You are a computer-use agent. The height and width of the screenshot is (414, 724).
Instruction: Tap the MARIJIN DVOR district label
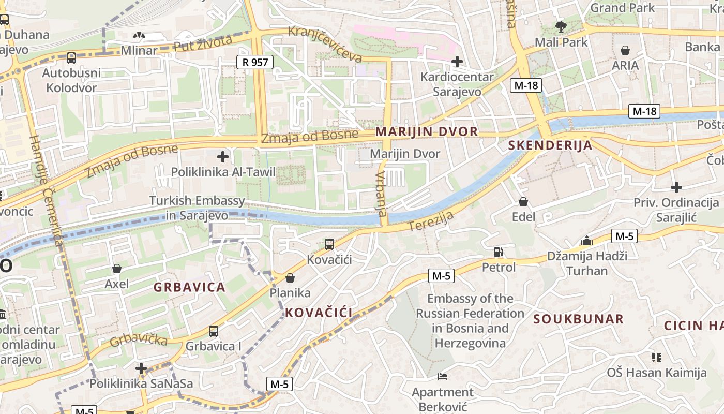click(427, 131)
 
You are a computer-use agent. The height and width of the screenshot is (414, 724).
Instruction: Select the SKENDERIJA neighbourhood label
click(550, 145)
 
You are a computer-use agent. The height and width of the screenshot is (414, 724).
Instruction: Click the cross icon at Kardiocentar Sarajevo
click(457, 62)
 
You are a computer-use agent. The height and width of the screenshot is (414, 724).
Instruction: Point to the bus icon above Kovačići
click(329, 244)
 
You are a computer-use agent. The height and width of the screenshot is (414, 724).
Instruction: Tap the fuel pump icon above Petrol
click(499, 252)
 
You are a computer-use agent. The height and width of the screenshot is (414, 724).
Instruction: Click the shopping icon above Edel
click(523, 201)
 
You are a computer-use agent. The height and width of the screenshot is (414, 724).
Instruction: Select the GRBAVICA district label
click(189, 287)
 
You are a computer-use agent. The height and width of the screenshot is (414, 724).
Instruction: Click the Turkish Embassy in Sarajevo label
click(197, 208)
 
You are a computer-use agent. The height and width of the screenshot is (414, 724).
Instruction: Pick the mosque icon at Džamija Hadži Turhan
click(586, 241)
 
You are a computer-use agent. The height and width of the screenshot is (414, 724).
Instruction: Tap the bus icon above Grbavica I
click(213, 331)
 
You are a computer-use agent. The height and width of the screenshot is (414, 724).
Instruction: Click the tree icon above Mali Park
click(561, 26)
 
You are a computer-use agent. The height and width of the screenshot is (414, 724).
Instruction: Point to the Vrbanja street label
click(381, 194)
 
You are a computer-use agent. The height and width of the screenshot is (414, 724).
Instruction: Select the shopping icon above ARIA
click(625, 50)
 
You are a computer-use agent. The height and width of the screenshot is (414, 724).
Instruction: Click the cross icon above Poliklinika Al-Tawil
click(223, 156)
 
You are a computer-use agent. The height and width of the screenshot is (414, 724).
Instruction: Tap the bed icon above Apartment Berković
click(442, 376)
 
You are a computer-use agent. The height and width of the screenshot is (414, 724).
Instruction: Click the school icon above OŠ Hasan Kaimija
click(657, 357)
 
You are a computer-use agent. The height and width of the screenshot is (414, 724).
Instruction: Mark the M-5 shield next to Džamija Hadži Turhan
click(624, 236)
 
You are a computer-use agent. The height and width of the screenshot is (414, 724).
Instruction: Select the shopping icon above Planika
click(290, 278)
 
